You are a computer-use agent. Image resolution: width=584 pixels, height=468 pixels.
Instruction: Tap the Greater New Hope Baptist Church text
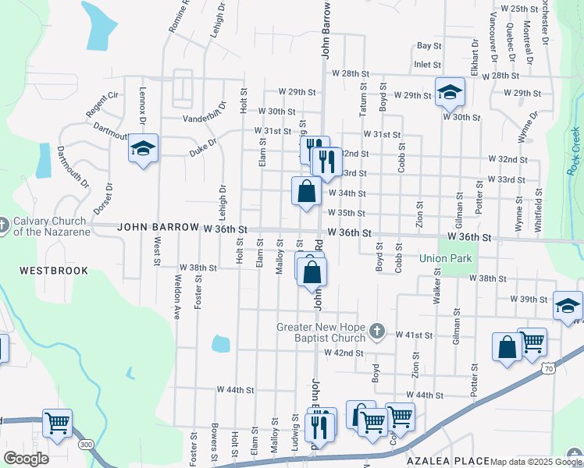[x=321, y=332]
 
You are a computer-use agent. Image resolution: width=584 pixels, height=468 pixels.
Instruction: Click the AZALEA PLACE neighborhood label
[x=448, y=462]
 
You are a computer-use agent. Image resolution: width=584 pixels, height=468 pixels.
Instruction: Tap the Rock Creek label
[x=574, y=150]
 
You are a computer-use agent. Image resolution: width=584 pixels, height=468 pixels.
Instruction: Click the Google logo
[x=26, y=459]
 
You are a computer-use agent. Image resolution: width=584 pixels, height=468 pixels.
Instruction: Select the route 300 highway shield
[x=86, y=444]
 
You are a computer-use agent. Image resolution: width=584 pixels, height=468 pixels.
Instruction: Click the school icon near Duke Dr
[x=144, y=149]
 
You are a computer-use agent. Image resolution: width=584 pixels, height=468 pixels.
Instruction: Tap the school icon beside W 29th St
[x=450, y=93]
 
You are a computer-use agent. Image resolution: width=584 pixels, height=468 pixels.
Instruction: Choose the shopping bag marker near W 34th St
[x=306, y=191]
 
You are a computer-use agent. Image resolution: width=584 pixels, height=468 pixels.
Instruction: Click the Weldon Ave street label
[x=177, y=296]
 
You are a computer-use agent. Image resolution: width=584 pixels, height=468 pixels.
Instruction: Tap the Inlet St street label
[x=428, y=65]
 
